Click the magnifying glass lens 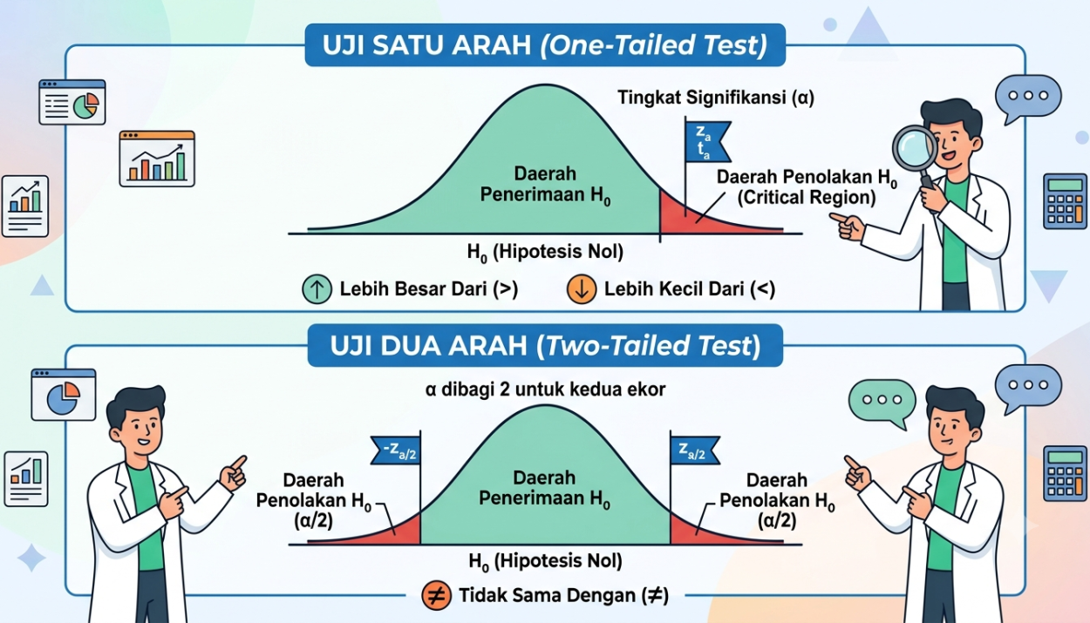click(x=916, y=148)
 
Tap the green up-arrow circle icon click(x=317, y=289)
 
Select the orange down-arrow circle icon click(x=582, y=289)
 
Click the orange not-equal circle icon click(x=436, y=595)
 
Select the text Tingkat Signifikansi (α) click(x=716, y=98)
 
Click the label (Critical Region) click(x=807, y=198)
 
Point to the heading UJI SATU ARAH click(x=426, y=44)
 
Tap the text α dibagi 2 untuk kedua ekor click(x=545, y=389)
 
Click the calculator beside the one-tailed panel click(x=1065, y=201)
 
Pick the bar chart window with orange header click(x=157, y=159)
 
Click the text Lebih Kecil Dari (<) click(x=690, y=289)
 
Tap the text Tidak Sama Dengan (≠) click(x=564, y=595)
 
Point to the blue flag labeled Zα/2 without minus click(x=695, y=450)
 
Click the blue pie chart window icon click(x=64, y=395)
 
